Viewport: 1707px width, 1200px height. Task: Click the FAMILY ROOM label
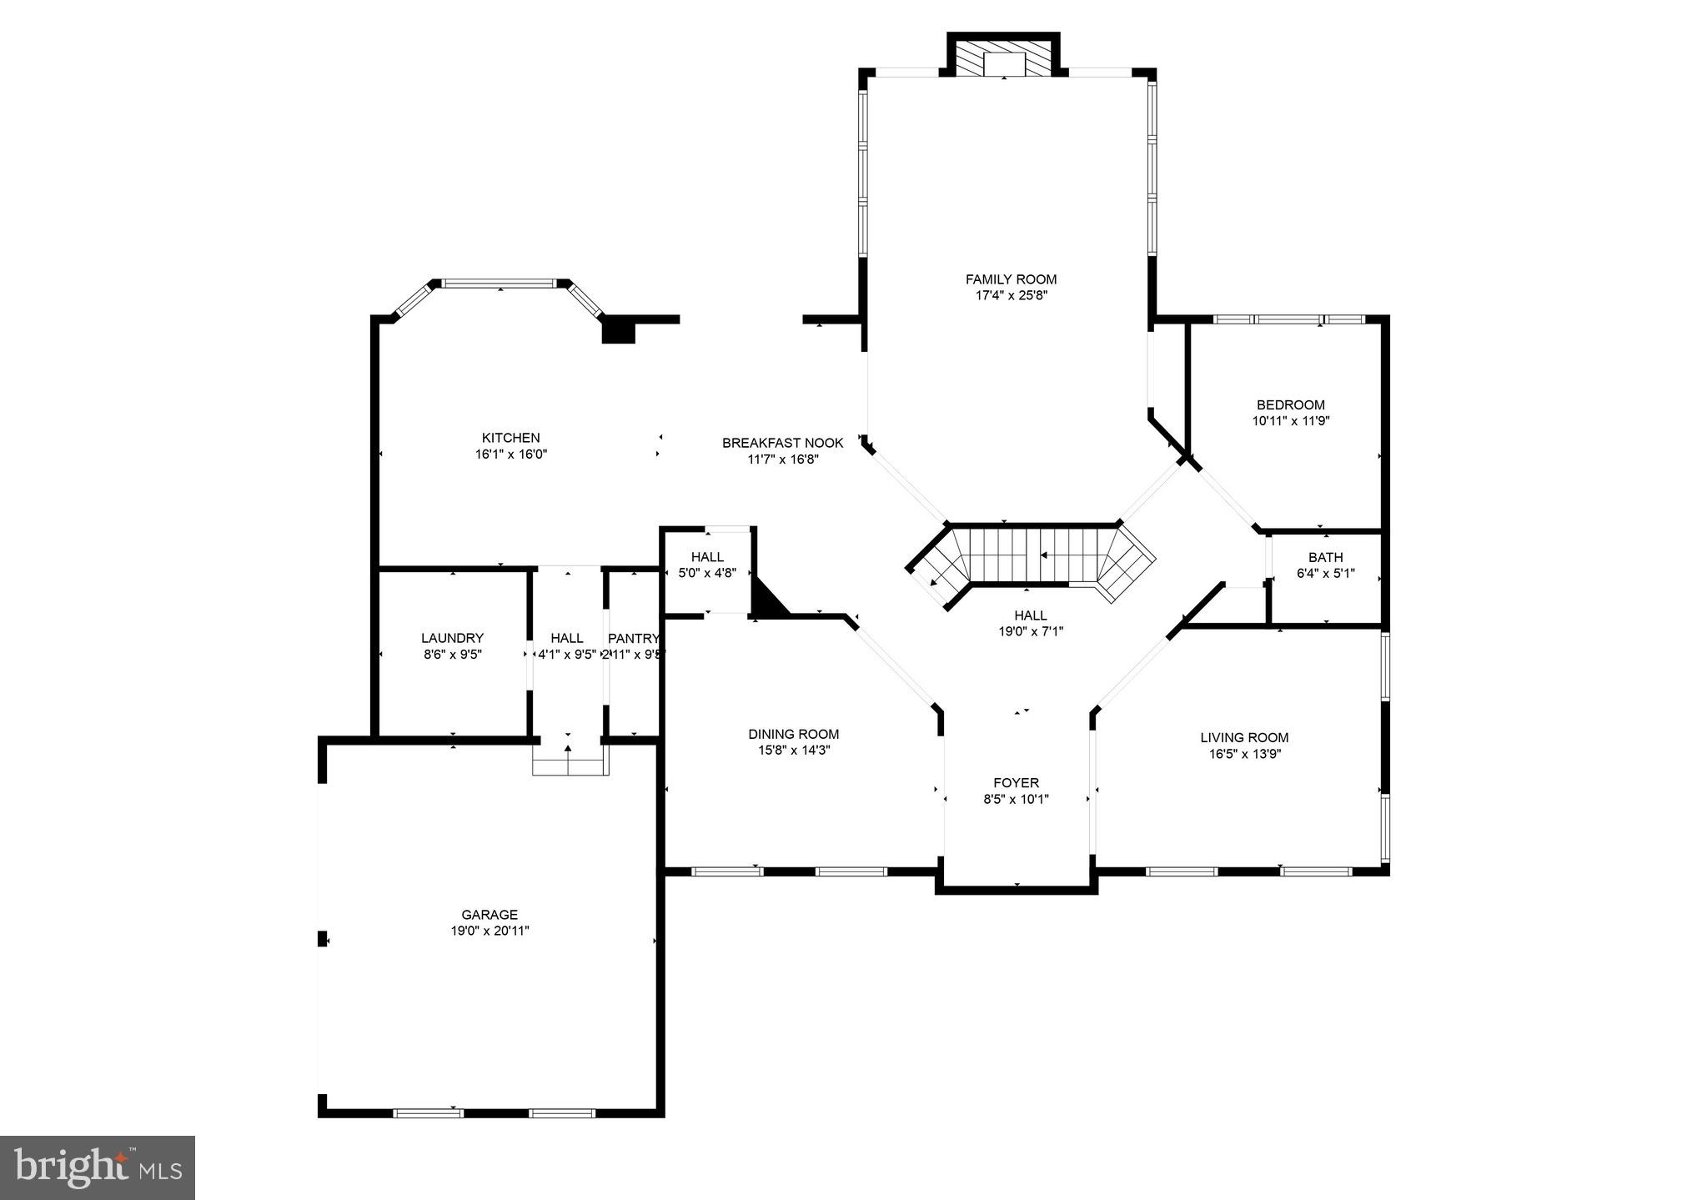tap(1011, 279)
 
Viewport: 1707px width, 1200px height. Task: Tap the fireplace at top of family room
tap(1004, 58)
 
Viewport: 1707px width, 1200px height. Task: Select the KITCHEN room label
tap(510, 438)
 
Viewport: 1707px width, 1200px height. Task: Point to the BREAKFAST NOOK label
tap(782, 443)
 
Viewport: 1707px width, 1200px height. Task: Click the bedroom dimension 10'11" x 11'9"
tap(1290, 421)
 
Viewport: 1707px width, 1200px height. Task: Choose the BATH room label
tap(1325, 557)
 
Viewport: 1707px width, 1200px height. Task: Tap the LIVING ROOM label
tap(1244, 737)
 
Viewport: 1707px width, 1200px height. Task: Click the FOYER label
tap(1016, 782)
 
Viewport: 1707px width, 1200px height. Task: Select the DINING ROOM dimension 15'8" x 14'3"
tap(793, 750)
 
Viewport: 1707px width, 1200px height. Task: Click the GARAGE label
tap(490, 915)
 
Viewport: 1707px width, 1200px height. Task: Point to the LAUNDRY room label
tap(452, 638)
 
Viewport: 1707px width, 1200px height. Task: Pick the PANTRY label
tap(633, 638)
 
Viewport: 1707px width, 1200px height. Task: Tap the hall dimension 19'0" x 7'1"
tap(1031, 631)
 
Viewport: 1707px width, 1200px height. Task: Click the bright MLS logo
tap(98, 1167)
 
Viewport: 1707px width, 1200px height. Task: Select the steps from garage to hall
tap(570, 761)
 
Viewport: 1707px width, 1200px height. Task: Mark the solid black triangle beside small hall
tap(766, 599)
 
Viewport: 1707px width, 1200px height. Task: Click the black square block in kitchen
tap(619, 332)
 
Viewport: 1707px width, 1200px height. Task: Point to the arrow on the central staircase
tap(1043, 555)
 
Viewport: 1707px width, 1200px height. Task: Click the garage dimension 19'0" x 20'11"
tap(490, 931)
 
